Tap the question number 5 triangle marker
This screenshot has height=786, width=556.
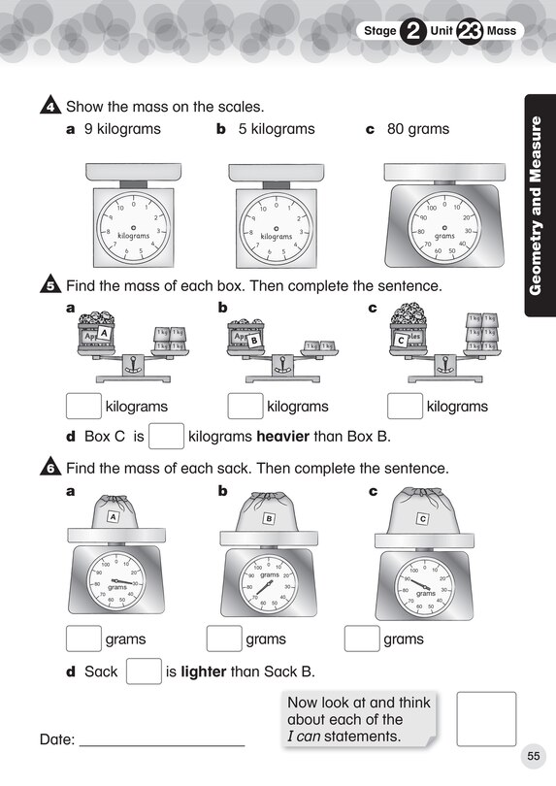click(x=50, y=286)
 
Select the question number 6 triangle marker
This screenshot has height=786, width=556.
click(x=50, y=467)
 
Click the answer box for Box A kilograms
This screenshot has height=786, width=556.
click(x=83, y=407)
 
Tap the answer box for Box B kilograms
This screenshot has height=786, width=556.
click(x=245, y=407)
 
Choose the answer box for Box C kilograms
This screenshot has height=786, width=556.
click(x=405, y=407)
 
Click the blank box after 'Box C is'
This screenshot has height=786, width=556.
click(x=167, y=437)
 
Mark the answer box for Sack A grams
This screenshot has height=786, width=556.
click(x=83, y=639)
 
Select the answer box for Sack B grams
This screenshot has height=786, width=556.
click(x=224, y=639)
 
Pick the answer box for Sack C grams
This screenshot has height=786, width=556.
click(x=362, y=639)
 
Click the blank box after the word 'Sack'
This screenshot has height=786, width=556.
click(x=143, y=671)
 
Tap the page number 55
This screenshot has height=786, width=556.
click(x=533, y=756)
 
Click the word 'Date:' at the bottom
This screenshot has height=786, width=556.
click(x=57, y=739)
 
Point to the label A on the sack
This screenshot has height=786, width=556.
click(x=113, y=517)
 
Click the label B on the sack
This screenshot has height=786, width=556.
click(x=269, y=519)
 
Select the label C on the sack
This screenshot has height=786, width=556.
click(x=422, y=519)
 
